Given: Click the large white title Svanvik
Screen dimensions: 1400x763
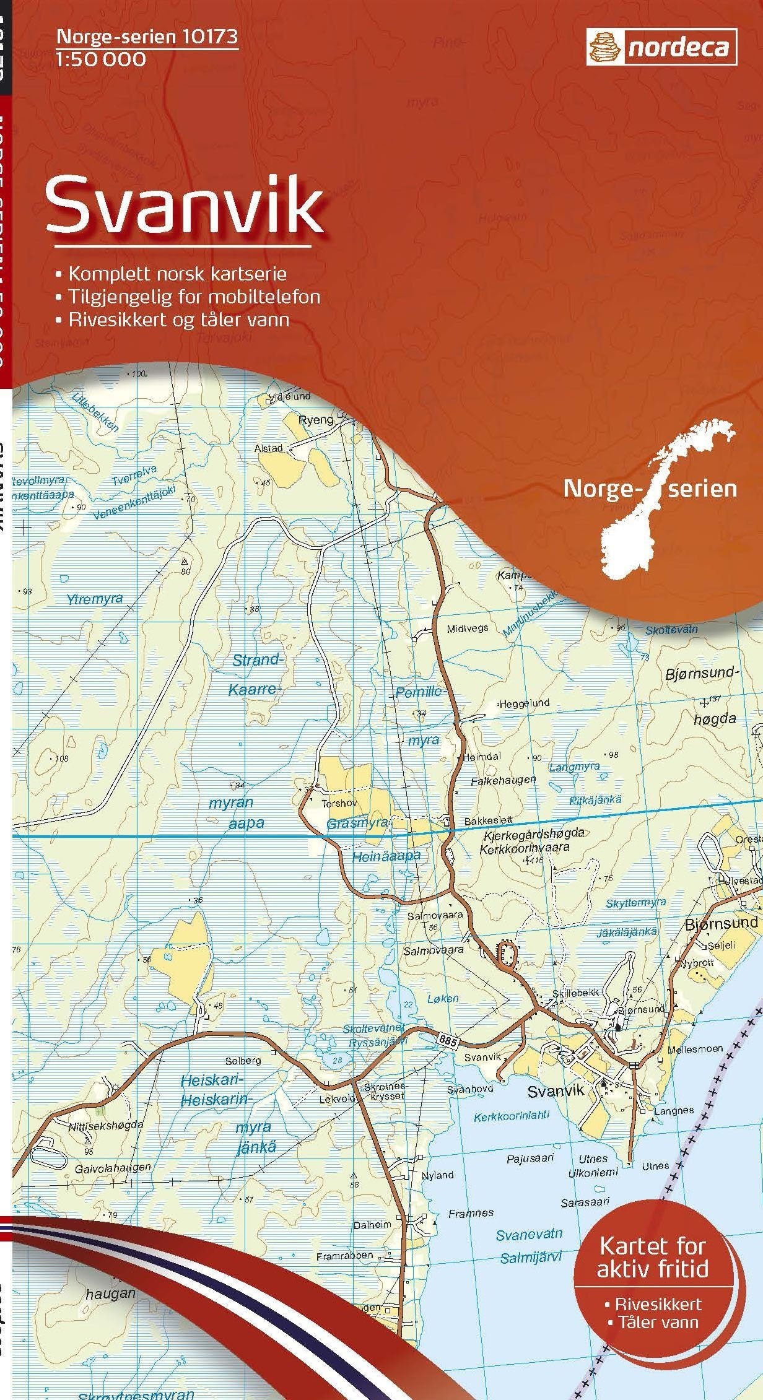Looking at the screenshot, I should coord(185,204).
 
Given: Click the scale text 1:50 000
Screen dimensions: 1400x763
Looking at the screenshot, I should coord(102,59).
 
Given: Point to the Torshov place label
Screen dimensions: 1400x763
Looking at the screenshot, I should coord(336,804).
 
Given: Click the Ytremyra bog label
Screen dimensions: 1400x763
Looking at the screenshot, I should coord(95,599).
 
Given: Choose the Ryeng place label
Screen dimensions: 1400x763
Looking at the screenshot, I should coord(316,420).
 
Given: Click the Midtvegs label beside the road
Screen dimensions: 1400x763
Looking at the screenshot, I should coord(468,628).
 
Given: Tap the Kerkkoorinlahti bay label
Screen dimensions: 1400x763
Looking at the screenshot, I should coord(512,1117).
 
